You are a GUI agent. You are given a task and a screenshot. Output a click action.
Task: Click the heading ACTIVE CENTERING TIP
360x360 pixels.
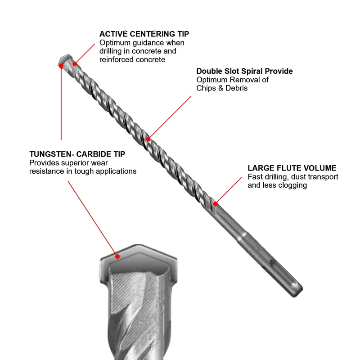(x=144, y=34)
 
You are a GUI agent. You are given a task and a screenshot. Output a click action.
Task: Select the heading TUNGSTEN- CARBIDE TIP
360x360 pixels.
(x=77, y=154)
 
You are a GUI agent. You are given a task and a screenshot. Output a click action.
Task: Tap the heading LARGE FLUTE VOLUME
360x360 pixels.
(x=292, y=168)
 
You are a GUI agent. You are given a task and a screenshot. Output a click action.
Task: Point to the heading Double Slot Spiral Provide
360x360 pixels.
(x=244, y=71)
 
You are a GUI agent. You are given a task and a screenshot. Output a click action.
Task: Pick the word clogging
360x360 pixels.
(x=293, y=185)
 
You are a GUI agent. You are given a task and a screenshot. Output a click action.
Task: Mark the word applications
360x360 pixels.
(x=114, y=171)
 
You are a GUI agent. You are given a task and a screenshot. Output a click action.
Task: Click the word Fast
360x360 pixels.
(x=255, y=177)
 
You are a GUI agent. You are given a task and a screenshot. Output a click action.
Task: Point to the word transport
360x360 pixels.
(x=324, y=177)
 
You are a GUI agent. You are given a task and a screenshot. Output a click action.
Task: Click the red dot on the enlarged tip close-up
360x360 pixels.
(x=117, y=256)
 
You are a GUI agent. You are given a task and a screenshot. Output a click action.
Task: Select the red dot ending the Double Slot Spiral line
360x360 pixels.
(x=149, y=139)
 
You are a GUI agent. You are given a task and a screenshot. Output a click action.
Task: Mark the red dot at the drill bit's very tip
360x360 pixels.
(x=61, y=66)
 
